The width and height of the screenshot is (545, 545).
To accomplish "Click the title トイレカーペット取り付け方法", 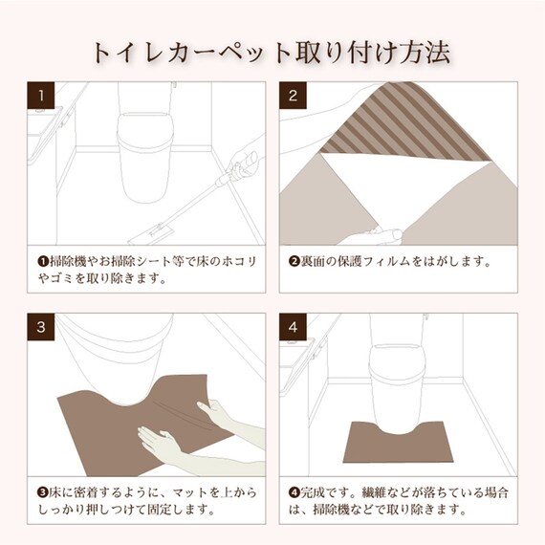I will point(271,51).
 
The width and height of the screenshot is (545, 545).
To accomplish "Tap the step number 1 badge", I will point(42,96).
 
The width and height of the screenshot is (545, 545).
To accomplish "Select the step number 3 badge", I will point(42,327).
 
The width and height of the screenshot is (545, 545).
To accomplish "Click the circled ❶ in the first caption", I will point(42,260).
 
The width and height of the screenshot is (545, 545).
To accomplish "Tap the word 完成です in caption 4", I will point(324,492).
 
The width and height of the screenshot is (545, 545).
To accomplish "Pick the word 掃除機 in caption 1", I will point(68,260).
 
